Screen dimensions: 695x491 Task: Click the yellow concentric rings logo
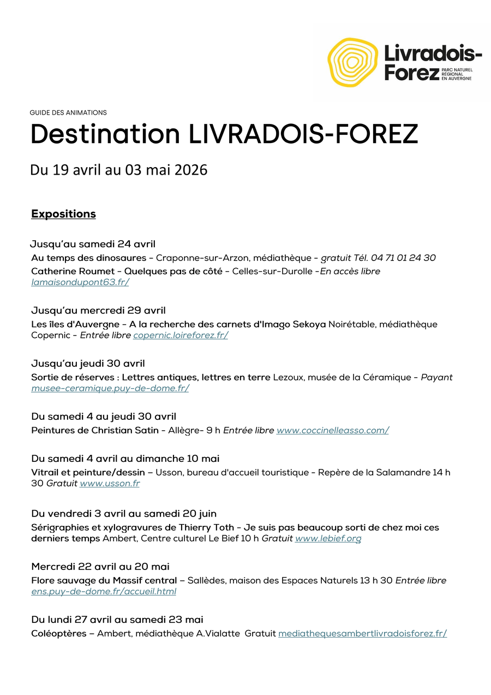point(352,62)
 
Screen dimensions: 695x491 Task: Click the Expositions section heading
point(63,214)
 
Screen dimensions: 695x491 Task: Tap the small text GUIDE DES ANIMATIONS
point(68,112)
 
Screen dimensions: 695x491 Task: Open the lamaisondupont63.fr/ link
point(80,282)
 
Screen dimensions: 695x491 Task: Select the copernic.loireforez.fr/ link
point(181,335)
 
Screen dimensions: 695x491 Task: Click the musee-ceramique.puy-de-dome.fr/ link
point(110,388)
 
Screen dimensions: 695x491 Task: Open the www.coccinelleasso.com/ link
point(332,430)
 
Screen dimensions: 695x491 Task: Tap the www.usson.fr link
point(110,483)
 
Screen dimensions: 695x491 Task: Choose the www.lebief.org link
point(328,538)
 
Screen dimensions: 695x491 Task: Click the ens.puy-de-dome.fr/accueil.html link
point(104,591)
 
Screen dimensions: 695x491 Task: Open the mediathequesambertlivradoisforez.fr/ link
point(362,633)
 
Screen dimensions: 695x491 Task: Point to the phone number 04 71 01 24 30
point(403,258)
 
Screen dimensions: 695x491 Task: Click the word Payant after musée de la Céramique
point(436,377)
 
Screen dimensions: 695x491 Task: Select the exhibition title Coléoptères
point(59,633)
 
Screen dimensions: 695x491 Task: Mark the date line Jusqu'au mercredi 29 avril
point(98,311)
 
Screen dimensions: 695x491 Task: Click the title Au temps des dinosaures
point(88,258)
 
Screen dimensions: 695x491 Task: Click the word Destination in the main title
point(105,134)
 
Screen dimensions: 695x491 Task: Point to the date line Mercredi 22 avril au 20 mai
point(100,567)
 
